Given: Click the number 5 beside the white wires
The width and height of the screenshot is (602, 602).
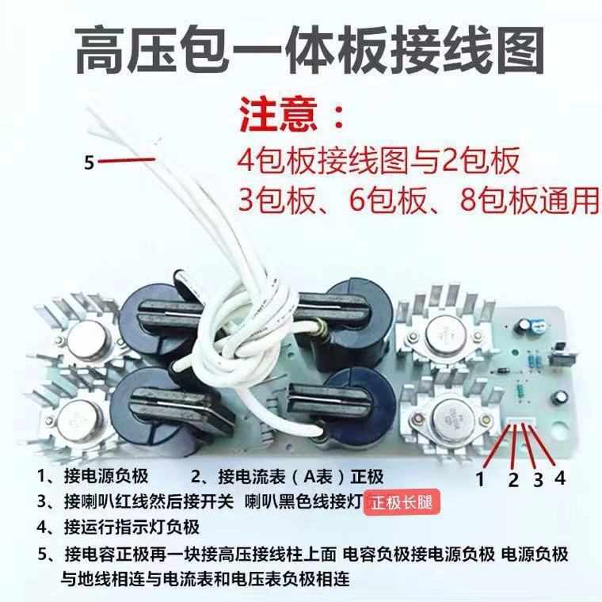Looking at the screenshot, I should point(90,163).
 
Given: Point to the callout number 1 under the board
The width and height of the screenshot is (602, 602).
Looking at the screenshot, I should point(479,478).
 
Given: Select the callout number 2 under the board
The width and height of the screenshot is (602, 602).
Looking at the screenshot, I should point(512,479).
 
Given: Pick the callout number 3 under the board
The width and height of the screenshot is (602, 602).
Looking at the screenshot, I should point(537,478).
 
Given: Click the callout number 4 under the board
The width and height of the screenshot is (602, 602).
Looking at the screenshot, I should point(561,478).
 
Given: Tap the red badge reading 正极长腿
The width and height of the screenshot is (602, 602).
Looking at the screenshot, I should point(401,503).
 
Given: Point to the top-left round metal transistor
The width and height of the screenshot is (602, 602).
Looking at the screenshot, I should point(86,341).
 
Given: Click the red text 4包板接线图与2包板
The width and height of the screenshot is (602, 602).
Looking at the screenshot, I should point(379,162).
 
